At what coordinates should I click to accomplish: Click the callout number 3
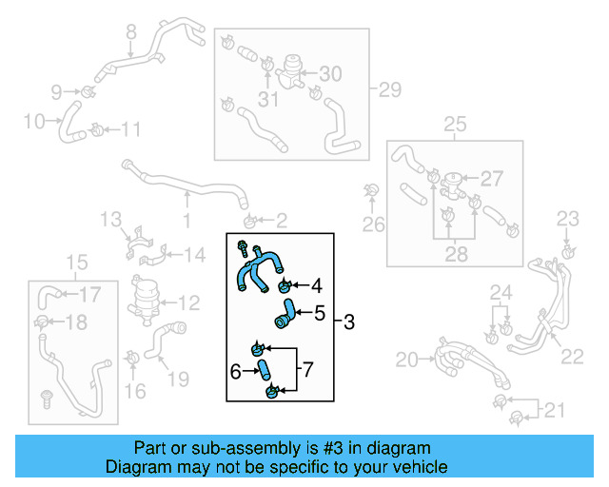[348, 322]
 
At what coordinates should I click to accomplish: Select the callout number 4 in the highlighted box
[317, 283]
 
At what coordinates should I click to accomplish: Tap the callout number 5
[320, 311]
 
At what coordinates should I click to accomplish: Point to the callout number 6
[235, 370]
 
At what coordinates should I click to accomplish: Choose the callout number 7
[306, 365]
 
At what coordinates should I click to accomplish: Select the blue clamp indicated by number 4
[285, 286]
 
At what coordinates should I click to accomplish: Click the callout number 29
[390, 90]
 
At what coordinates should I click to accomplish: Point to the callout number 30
[329, 74]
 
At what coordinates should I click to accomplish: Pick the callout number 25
[455, 125]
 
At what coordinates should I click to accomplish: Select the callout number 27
[491, 179]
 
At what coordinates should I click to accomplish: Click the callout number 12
[188, 303]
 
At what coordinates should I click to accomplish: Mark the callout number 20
[407, 360]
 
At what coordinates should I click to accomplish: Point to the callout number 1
[187, 221]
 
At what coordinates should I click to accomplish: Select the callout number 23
[567, 219]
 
